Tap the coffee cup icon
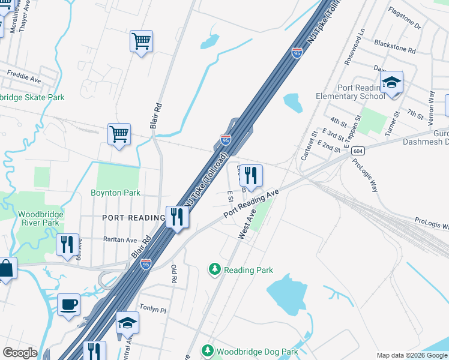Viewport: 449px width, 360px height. [68, 304]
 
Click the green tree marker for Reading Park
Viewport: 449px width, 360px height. [215, 269]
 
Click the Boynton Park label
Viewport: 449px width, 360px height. [115, 193]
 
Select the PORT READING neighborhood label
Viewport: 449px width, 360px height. [133, 217]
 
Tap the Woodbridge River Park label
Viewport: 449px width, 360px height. [38, 218]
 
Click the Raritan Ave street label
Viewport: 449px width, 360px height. [120, 239]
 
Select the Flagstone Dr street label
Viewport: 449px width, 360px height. [405, 27]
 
